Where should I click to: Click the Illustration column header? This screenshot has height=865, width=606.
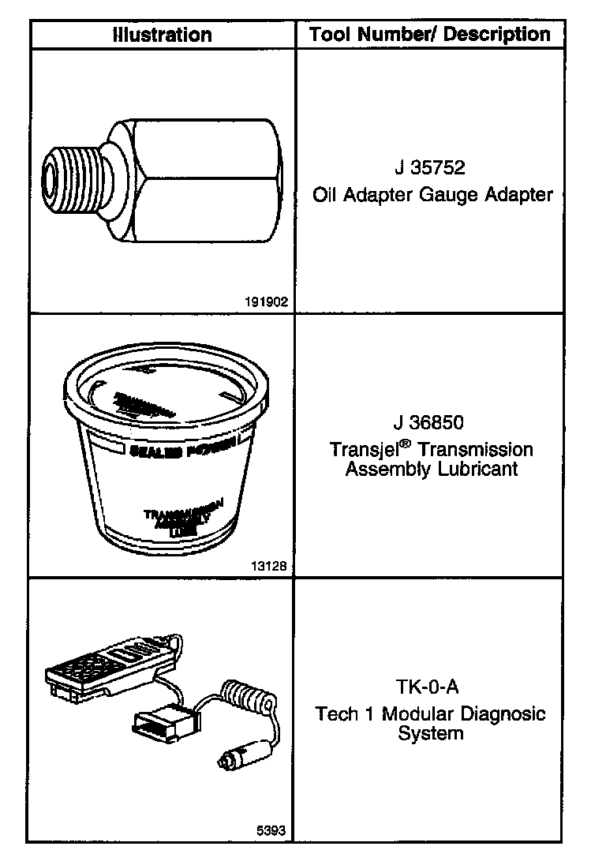[x=162, y=35]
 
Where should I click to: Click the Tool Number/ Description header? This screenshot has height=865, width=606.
[x=430, y=34]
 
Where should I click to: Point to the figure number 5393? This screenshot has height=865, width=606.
[x=271, y=830]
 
